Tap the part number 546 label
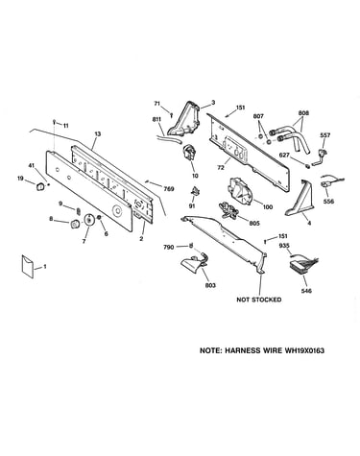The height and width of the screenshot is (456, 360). [306, 291]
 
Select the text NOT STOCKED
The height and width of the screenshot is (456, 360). [259, 300]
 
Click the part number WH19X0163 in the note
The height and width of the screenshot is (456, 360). [304, 350]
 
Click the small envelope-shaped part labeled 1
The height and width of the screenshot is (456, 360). [28, 267]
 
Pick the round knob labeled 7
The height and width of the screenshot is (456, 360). [88, 220]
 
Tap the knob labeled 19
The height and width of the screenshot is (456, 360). [40, 186]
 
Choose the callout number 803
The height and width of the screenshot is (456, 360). [210, 285]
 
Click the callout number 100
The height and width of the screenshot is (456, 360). [268, 206]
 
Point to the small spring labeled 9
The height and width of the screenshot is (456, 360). [78, 210]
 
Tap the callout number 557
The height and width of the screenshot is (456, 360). [324, 135]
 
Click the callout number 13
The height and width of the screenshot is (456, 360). [98, 134]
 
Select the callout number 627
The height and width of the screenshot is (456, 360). [284, 156]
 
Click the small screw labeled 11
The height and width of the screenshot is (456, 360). [55, 122]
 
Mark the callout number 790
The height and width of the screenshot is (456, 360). [169, 247]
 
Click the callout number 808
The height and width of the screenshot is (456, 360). [303, 113]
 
